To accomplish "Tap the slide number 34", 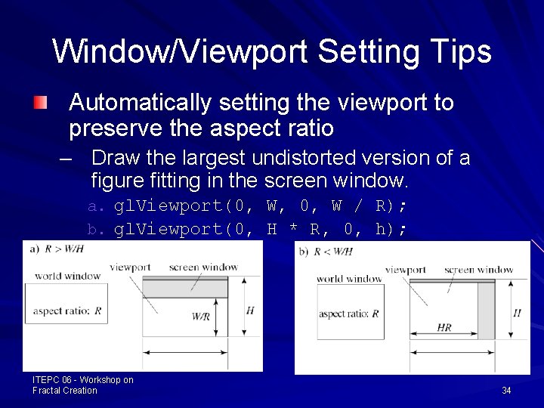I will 506,390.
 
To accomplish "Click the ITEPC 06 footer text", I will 83,385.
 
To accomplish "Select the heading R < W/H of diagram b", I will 332,252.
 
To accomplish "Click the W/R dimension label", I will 201,317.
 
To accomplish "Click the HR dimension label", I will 444,327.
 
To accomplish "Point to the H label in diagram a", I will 250,310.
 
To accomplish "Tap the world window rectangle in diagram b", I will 350,311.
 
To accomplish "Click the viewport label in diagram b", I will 405,270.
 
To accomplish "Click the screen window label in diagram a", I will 203,267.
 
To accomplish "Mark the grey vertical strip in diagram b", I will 486,311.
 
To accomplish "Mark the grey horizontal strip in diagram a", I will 185,289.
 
